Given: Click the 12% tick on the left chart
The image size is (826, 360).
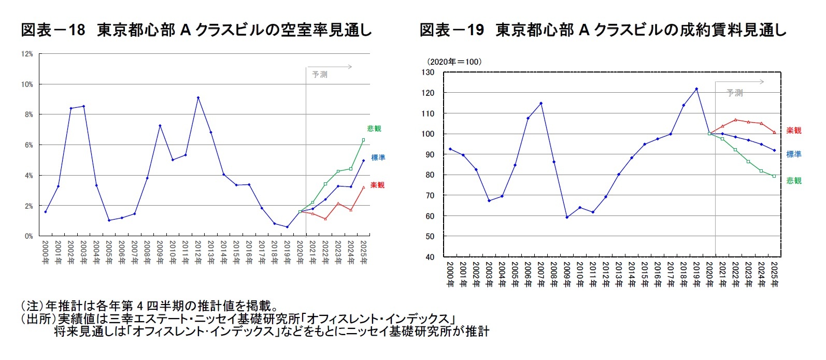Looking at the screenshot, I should click(27, 54).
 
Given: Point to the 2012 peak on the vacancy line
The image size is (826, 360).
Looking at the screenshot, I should click(198, 97).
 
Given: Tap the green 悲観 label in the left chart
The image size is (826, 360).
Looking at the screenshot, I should click(374, 128).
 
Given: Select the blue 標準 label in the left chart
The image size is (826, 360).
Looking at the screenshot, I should click(378, 157).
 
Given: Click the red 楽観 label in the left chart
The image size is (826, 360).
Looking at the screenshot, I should click(377, 185).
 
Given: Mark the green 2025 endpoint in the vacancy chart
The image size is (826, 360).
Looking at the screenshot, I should click(363, 140).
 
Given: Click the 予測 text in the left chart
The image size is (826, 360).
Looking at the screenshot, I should click(320, 75).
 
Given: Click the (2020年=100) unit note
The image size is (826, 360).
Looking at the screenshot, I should click(454, 62).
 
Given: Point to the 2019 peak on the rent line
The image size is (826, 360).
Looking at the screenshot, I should click(696, 89).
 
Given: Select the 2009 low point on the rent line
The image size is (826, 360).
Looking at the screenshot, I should click(567, 217).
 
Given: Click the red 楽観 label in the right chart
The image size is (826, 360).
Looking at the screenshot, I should click(793, 131).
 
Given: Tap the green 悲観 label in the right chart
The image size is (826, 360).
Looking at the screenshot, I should click(793, 181).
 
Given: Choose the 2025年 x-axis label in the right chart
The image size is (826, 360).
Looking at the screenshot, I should click(775, 274).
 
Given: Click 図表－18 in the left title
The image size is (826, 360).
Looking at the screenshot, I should click(52, 30).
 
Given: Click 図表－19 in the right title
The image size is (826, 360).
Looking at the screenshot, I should click(451, 30).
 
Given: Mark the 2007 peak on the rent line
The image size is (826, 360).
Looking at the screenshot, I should click(541, 103).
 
